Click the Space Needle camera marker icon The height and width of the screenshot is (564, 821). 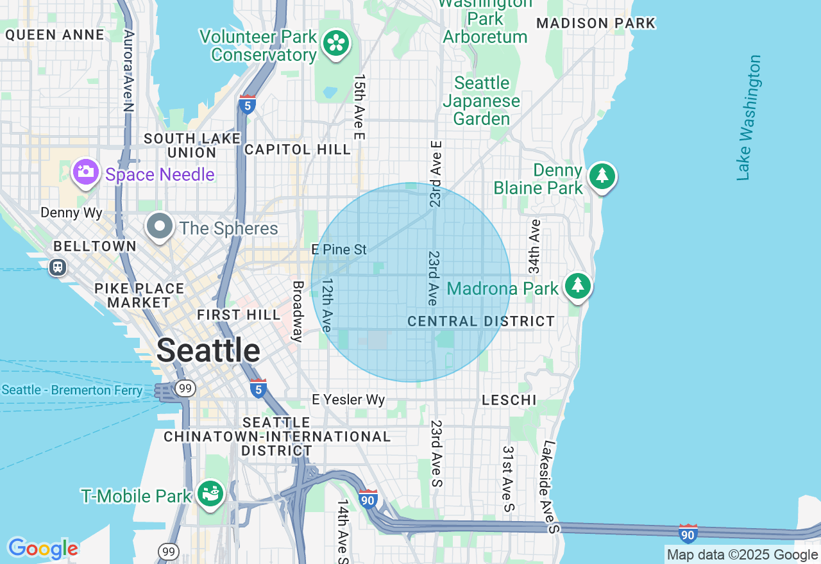(85, 172)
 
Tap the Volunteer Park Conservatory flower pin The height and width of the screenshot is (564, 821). (335, 44)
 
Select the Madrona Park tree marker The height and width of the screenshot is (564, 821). (578, 286)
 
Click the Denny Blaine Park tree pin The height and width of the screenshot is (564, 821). (602, 176)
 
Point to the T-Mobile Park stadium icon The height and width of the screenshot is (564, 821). (210, 494)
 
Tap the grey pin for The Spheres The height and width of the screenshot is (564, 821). (160, 227)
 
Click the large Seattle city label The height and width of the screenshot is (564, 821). (208, 351)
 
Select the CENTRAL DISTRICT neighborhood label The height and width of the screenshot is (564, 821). (481, 321)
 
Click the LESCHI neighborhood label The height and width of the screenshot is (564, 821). (509, 400)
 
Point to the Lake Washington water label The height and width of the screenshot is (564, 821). (749, 117)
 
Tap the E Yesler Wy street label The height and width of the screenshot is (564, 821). (348, 400)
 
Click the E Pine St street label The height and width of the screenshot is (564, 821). (339, 249)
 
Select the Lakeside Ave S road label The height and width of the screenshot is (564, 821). (550, 486)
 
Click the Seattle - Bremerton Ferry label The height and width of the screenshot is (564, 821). (72, 390)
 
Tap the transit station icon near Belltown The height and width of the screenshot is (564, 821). (58, 267)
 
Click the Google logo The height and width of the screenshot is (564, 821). (43, 549)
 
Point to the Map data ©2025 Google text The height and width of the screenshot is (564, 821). (742, 555)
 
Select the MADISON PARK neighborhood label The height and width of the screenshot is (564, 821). (596, 24)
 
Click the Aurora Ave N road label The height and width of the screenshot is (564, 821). (128, 71)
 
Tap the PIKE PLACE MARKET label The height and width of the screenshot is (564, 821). (139, 295)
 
